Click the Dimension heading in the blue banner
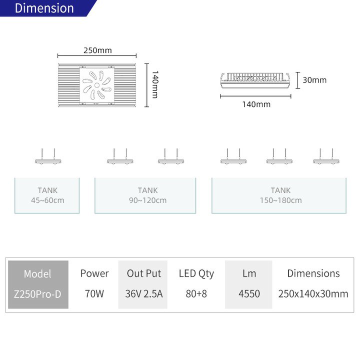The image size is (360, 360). click(44, 8)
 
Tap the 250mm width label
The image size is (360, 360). click(97, 50)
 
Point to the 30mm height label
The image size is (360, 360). click(314, 80)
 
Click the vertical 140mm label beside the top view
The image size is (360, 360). click(155, 84)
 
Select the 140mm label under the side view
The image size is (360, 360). click(256, 104)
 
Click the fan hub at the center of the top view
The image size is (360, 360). click(97, 85)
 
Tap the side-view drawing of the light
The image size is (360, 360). click(255, 80)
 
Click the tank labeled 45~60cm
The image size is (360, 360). click(47, 195)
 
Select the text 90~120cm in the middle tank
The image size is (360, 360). click(147, 200)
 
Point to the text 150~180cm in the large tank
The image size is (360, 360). click(280, 200)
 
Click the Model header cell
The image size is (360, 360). click(37, 273)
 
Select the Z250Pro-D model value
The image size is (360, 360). click(37, 294)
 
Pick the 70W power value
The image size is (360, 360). click(94, 293)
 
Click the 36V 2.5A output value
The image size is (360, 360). click(144, 293)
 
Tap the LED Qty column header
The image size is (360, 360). click(196, 273)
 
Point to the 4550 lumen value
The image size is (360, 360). click(249, 293)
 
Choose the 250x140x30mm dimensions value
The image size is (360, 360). click(313, 293)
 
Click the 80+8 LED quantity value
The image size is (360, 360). click(196, 293)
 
